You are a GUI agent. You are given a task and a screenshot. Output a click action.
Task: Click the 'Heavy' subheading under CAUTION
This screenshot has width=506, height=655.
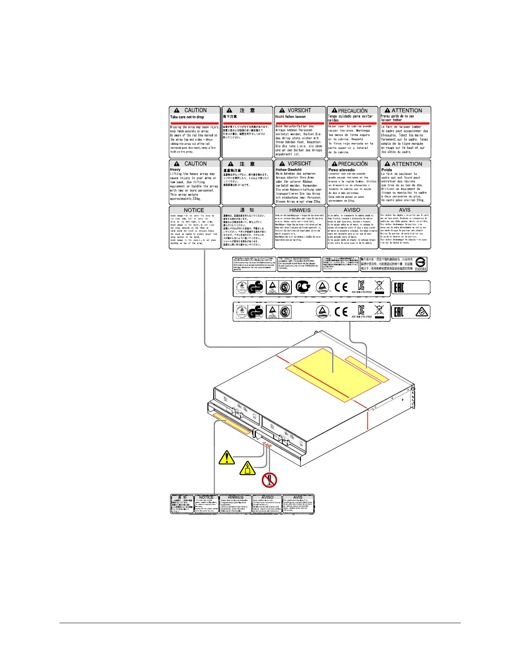point(175,170)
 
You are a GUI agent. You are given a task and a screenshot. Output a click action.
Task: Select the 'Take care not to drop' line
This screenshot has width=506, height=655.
point(187,117)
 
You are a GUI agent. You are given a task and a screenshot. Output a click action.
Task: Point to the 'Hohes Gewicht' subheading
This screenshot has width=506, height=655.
point(289,170)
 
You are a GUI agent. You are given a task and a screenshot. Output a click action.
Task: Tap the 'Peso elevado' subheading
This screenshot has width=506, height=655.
point(341,170)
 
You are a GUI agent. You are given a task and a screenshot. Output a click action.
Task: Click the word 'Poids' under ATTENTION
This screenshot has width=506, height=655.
point(387,170)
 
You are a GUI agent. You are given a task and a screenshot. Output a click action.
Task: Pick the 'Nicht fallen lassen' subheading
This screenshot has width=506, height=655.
point(291,117)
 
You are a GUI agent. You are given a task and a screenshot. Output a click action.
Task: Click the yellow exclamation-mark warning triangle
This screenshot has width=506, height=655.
point(227,457)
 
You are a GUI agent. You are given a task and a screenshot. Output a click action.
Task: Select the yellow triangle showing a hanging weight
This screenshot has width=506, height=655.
point(248,468)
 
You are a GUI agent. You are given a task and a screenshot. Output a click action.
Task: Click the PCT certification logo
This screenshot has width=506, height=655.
point(303,287)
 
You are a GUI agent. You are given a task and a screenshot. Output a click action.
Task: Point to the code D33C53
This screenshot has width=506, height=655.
point(420,269)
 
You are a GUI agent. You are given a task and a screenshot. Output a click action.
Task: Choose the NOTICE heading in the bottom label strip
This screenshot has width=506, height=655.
point(206,497)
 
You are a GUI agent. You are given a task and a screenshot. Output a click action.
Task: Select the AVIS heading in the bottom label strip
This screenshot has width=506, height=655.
point(298,497)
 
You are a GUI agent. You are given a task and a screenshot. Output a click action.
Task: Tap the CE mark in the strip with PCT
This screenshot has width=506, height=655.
point(341,287)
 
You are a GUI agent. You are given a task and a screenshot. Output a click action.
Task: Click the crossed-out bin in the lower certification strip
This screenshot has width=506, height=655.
point(379,311)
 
